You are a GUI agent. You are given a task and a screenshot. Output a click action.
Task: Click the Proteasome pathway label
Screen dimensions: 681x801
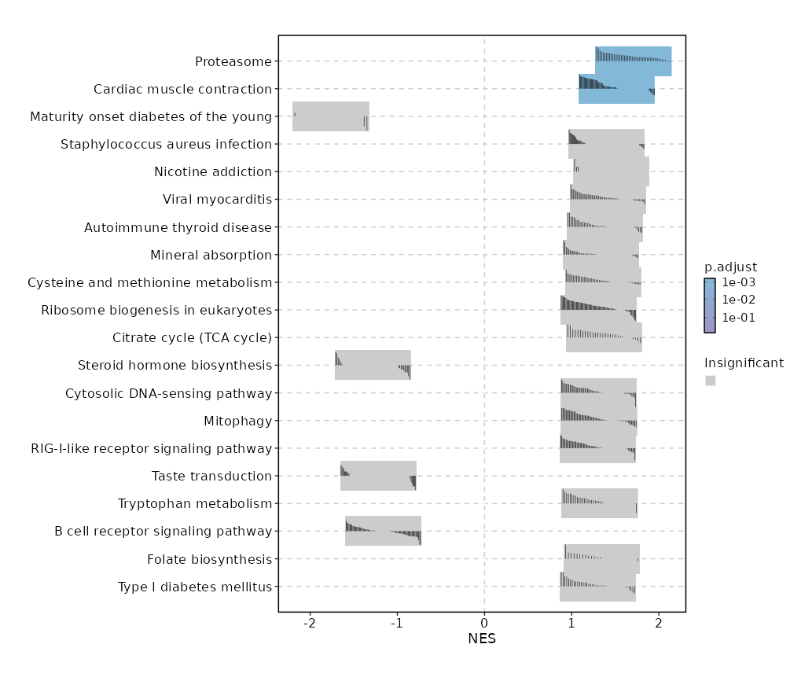[x=233, y=61]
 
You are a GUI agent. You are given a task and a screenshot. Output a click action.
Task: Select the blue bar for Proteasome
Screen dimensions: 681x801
[x=633, y=61]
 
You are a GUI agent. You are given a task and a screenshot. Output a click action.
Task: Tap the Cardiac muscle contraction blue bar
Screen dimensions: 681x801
[x=616, y=89]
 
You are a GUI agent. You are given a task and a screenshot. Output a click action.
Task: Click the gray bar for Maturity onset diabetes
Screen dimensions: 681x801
[x=330, y=116]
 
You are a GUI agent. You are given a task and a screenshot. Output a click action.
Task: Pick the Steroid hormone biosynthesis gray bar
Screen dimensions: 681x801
[x=373, y=365]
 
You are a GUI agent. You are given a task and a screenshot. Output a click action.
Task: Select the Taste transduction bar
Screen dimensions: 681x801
[x=378, y=476]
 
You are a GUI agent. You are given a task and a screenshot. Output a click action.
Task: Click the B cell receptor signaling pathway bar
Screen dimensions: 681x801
[x=383, y=531]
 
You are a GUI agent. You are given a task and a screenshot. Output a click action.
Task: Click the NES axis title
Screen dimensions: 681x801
[x=482, y=639]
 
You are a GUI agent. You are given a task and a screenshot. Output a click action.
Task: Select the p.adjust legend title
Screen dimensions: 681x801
[x=730, y=267]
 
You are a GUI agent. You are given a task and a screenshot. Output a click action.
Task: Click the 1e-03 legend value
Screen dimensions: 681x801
[x=739, y=282]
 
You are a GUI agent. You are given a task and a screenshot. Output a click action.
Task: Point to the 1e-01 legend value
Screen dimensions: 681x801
[x=739, y=318]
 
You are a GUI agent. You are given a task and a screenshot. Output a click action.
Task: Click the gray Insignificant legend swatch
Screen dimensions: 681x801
[x=710, y=381]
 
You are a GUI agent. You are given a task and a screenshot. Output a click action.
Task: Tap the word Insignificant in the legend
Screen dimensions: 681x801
[x=744, y=363]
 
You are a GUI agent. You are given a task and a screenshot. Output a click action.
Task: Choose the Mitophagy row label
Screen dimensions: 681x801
[x=237, y=421]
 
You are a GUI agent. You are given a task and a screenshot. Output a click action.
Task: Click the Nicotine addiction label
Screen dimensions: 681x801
[x=213, y=171]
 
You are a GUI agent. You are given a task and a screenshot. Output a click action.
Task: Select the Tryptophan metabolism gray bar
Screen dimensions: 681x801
[x=599, y=503]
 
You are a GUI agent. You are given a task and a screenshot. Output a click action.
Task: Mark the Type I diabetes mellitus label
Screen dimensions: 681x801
[x=194, y=587]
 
